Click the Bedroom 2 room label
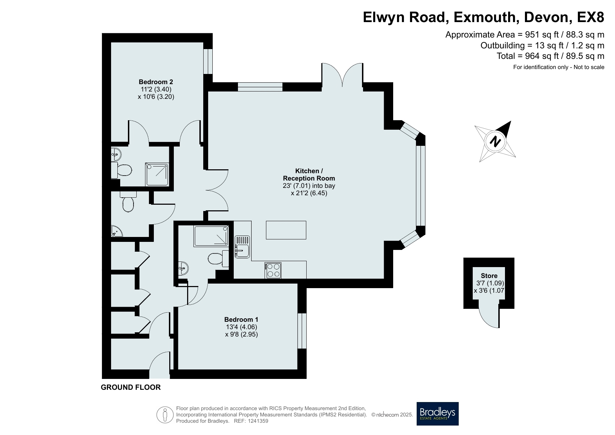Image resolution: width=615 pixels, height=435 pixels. click(156, 82)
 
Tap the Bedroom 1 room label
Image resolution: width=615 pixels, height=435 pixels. click(241, 320)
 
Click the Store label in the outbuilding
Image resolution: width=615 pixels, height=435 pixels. click(489, 276)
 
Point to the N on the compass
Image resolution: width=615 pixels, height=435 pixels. click(495, 142)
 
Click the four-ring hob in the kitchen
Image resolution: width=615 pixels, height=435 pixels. click(274, 270)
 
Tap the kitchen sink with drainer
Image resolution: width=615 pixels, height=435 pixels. click(242, 246)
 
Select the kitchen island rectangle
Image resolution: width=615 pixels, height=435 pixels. click(286, 230)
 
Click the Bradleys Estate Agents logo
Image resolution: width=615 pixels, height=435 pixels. click(438, 414)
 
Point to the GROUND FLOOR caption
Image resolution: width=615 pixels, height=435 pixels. click(131, 387)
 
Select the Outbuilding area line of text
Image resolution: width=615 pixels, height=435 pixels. click(542, 46)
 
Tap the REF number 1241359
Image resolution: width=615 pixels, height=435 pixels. click(258, 421)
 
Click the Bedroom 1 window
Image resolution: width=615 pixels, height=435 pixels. click(302, 331)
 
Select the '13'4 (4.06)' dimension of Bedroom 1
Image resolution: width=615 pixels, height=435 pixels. click(241, 327)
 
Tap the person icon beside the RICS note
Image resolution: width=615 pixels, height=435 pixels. click(165, 415)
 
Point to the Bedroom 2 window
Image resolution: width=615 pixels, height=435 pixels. click(208, 61)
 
